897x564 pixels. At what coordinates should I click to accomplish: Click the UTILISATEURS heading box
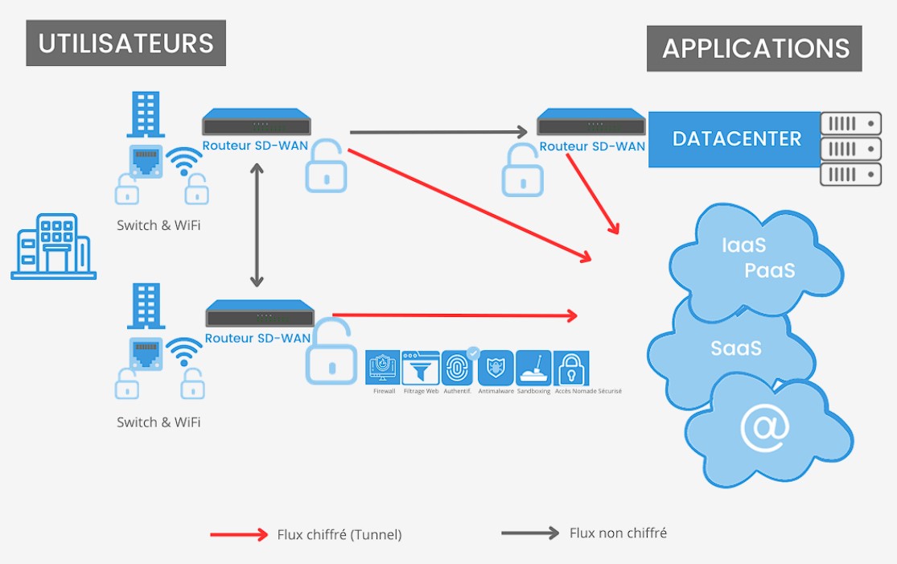pos(125,43)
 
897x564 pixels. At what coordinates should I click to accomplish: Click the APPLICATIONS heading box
pos(755,48)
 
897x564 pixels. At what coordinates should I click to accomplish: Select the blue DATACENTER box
pos(736,139)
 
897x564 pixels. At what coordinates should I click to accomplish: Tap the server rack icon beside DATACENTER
pos(850,149)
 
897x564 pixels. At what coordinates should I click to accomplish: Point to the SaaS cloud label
pos(735,348)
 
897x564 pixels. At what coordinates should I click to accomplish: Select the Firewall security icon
pos(384,368)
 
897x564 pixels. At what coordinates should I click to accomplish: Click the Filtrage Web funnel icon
pos(421,368)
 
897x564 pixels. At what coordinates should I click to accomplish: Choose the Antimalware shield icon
pos(496,368)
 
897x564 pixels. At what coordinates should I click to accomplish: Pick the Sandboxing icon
pos(533,368)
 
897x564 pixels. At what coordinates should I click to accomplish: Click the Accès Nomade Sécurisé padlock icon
pos(570,368)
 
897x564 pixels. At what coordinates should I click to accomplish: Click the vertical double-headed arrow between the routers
pos(257,225)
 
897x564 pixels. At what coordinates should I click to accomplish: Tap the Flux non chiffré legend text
pos(618,533)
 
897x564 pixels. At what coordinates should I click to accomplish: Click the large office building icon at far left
pos(53,246)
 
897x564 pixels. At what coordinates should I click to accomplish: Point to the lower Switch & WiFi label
pos(158,422)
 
